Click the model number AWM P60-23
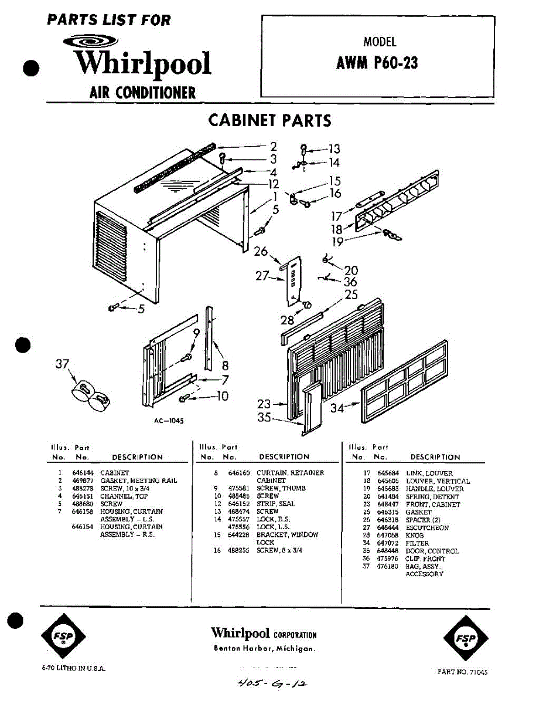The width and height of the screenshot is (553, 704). point(377,63)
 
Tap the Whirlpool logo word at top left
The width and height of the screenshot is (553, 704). point(142,63)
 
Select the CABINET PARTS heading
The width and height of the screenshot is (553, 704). point(269,121)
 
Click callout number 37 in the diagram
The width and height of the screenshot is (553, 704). point(62,364)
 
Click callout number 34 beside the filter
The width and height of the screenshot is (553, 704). point(337,408)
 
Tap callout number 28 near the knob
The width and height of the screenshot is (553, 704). point(287,320)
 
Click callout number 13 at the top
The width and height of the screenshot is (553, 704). point(333,150)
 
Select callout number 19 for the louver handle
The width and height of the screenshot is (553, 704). point(337,242)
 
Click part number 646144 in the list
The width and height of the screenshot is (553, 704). point(80,472)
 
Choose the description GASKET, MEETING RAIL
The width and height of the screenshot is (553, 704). point(138,480)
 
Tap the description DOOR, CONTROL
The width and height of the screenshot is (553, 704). point(432,551)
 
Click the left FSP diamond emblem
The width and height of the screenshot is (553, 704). point(63,637)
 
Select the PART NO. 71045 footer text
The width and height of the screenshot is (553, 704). point(462,672)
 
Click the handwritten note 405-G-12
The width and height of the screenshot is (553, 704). point(271,683)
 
